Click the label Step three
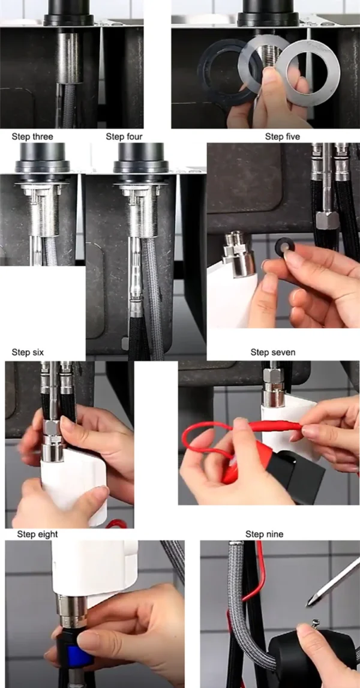(32, 137)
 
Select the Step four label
(124, 137)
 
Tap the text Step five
(282, 137)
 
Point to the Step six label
(28, 352)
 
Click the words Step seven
(272, 352)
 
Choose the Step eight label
(37, 534)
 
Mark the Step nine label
(264, 534)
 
